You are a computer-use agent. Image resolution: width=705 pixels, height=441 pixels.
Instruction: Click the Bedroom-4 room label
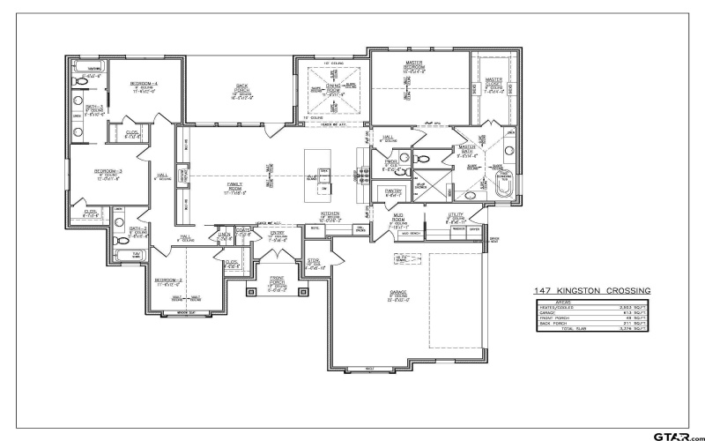point(143,84)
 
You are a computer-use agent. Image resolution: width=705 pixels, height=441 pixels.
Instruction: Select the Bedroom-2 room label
point(168,280)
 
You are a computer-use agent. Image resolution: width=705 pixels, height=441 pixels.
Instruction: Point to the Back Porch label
point(241,87)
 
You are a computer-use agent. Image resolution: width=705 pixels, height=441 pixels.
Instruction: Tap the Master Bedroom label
point(413,65)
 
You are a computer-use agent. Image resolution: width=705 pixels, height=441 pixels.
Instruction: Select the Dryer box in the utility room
point(474,230)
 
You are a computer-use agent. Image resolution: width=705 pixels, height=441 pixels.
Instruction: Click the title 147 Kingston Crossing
point(591,290)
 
